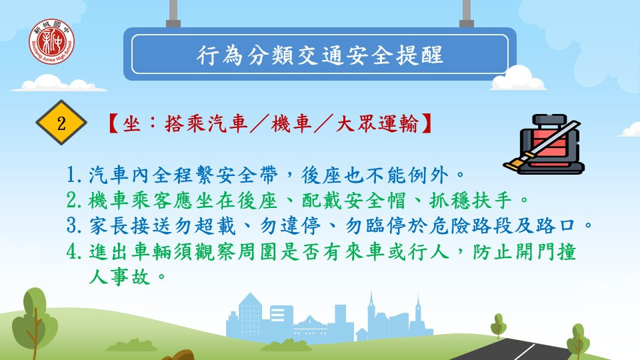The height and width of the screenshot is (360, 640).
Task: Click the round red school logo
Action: tap(51, 41)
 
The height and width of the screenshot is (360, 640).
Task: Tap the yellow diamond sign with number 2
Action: tap(61, 123)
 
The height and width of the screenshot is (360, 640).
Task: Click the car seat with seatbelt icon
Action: tap(543, 144)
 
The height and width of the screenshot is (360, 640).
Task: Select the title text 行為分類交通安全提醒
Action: tap(319, 55)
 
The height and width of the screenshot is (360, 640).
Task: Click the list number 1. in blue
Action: tap(75, 175)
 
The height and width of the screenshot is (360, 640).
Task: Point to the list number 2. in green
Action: tap(75, 201)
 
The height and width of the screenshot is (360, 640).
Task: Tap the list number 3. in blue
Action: tap(75, 226)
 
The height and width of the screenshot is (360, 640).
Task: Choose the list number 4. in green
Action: tap(75, 251)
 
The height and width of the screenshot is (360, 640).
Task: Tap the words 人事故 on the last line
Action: tap(120, 277)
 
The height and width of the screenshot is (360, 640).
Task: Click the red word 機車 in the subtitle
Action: tap(291, 123)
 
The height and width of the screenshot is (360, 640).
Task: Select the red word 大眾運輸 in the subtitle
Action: tap(377, 123)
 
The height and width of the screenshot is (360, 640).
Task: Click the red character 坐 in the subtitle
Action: tap(131, 123)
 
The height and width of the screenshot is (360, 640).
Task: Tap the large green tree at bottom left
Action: tap(34, 323)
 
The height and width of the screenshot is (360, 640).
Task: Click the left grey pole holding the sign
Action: tap(173, 13)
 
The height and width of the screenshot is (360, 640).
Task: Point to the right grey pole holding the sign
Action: tap(467, 13)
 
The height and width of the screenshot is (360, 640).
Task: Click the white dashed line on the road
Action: tap(524, 351)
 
